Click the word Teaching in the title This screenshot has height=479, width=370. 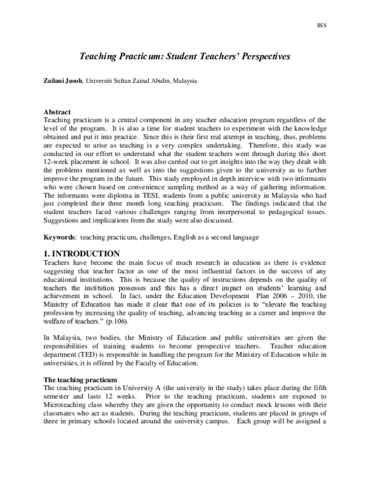coord(97,56)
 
